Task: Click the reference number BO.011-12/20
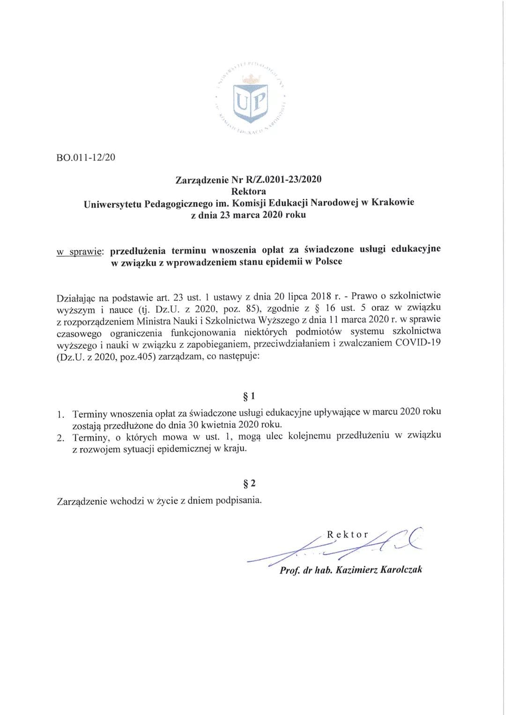click(85, 157)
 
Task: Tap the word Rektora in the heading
click(248, 191)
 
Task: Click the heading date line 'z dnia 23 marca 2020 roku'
click(248, 215)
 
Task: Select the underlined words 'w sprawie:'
click(80, 252)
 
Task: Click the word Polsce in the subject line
click(328, 261)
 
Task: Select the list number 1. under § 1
click(60, 414)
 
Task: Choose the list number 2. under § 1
click(60, 438)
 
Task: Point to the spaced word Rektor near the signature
click(347, 535)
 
